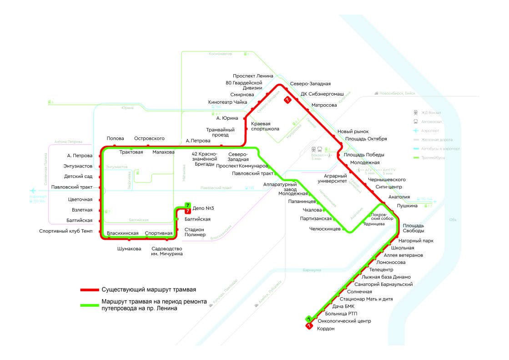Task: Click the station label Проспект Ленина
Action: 253,76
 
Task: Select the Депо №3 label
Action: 203,208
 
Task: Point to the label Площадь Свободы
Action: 413,228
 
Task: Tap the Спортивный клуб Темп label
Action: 66,231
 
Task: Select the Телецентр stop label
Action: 381,269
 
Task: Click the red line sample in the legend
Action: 89,289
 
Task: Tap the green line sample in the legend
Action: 89,305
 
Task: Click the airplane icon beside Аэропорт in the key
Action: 415,131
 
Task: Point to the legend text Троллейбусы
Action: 433,157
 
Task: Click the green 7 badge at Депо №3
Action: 188,205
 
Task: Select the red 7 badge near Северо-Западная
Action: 287,100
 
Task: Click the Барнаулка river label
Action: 312,270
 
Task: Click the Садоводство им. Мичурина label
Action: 167,251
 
